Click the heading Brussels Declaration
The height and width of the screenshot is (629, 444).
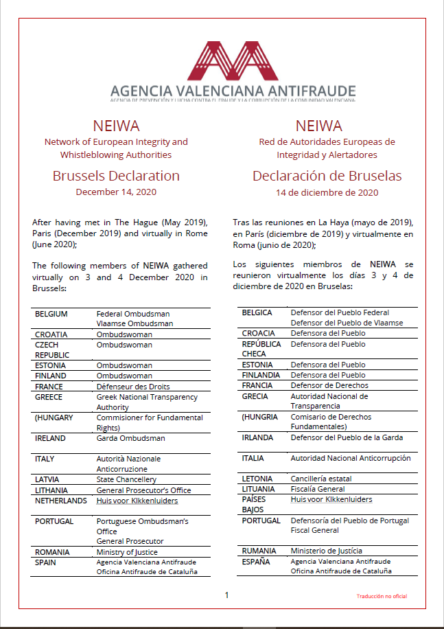pyautogui.click(x=116, y=176)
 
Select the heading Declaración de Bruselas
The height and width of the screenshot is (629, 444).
pyautogui.click(x=327, y=176)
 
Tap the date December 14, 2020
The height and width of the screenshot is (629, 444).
pyautogui.click(x=116, y=192)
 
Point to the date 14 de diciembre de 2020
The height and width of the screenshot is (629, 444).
pyautogui.click(x=327, y=193)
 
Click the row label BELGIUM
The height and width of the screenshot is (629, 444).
pyautogui.click(x=51, y=314)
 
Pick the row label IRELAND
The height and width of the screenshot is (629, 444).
pyautogui.click(x=50, y=438)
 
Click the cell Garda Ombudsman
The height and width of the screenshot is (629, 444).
pyautogui.click(x=130, y=438)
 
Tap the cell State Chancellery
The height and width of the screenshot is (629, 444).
pyautogui.click(x=126, y=479)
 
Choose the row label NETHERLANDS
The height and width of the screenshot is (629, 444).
pyautogui.click(x=61, y=501)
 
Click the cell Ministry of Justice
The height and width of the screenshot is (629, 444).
pyautogui.click(x=127, y=552)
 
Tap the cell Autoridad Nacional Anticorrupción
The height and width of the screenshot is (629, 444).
pyautogui.click(x=351, y=458)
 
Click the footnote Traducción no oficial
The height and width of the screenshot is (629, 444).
pyautogui.click(x=382, y=597)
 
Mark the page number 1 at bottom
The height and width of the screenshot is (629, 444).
pyautogui.click(x=226, y=595)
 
